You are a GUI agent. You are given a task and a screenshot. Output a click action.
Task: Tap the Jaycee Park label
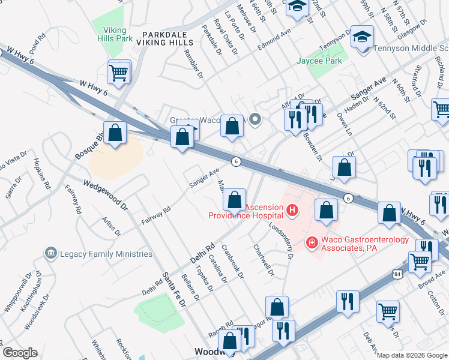[x=319, y=61]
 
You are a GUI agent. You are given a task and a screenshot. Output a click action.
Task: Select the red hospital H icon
[x=292, y=210]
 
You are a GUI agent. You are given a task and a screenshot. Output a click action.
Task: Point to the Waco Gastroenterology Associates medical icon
[x=312, y=243]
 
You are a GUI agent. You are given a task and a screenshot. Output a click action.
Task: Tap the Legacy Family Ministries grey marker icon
[x=50, y=254]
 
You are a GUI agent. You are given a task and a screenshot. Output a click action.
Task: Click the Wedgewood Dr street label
[x=106, y=196]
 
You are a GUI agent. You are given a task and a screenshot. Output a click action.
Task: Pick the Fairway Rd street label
[x=155, y=215]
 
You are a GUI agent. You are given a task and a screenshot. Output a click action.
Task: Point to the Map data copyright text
[x=412, y=355]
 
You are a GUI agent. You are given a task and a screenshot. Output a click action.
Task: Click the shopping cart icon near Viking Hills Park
[x=118, y=73]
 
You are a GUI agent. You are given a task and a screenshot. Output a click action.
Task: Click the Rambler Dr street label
[x=195, y=67]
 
